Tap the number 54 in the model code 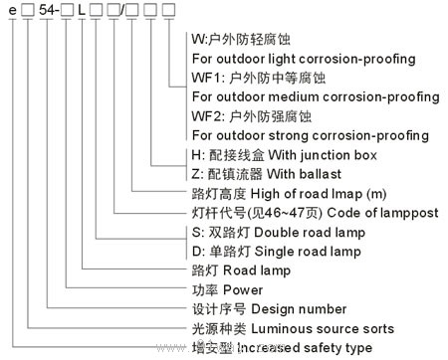point(43,11)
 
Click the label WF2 point(204,115)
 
